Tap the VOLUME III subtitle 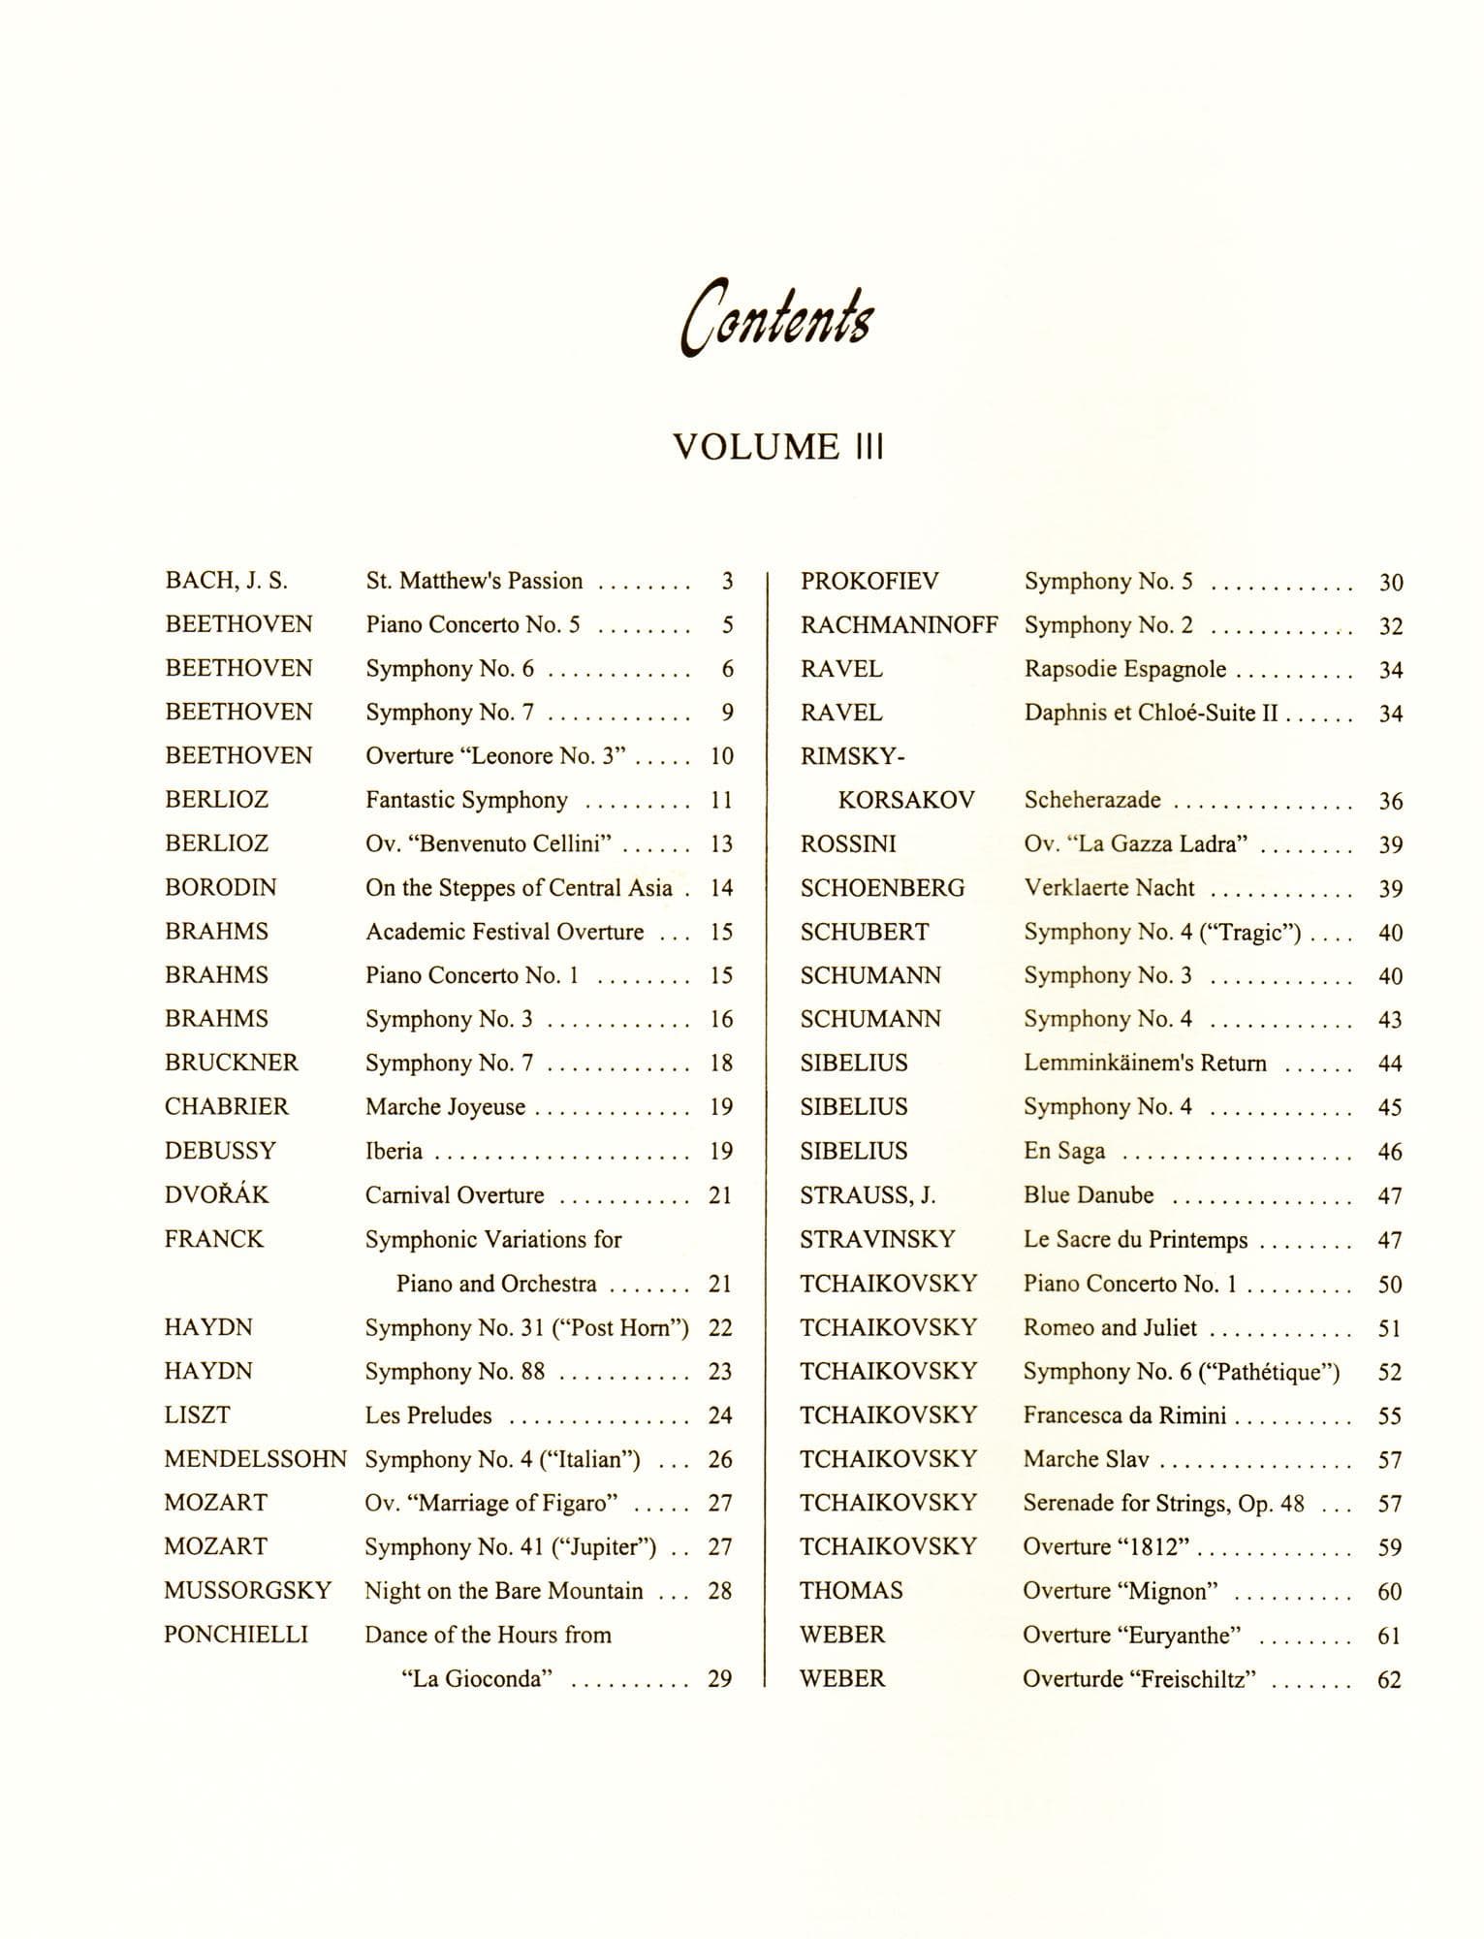pyautogui.click(x=778, y=447)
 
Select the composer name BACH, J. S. pyautogui.click(x=227, y=581)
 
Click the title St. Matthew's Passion pyautogui.click(x=474, y=581)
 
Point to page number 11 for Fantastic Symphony pyautogui.click(x=721, y=801)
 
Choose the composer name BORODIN pyautogui.click(x=221, y=888)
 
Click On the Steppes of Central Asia pyautogui.click(x=519, y=888)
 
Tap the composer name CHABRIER pyautogui.click(x=227, y=1107)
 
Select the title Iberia pyautogui.click(x=394, y=1152)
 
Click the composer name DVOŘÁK pyautogui.click(x=217, y=1195)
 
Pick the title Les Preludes pyautogui.click(x=428, y=1415)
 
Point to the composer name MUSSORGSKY pyautogui.click(x=248, y=1591)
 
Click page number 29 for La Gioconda pyautogui.click(x=719, y=1679)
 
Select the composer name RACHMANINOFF pyautogui.click(x=899, y=625)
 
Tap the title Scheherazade pyautogui.click(x=1092, y=801)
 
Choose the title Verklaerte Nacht pyautogui.click(x=1109, y=888)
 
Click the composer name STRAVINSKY pyautogui.click(x=877, y=1240)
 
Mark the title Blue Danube pyautogui.click(x=1089, y=1195)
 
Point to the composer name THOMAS pyautogui.click(x=851, y=1591)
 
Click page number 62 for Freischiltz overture pyautogui.click(x=1389, y=1680)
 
